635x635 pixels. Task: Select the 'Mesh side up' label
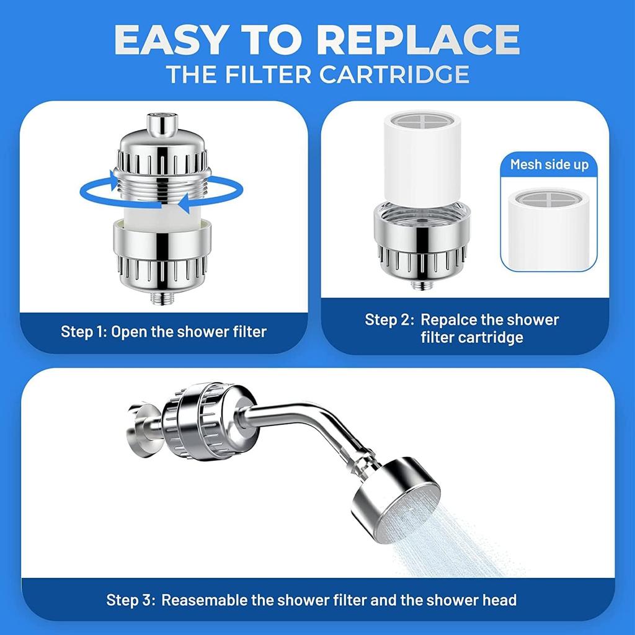pos(549,164)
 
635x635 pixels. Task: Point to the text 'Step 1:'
pos(84,331)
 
